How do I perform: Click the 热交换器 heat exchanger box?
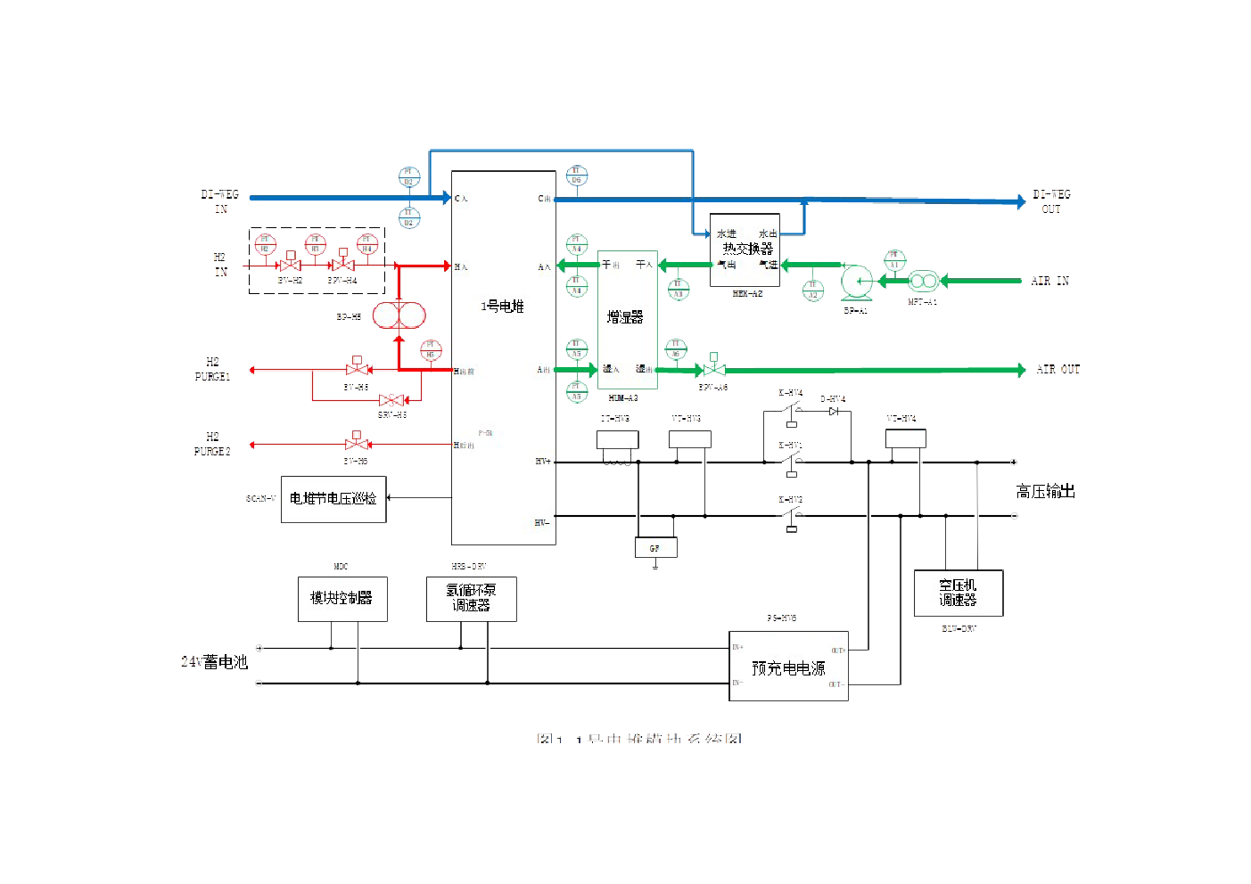(x=745, y=250)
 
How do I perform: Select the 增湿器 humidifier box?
(x=627, y=318)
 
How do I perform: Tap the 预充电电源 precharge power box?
(x=788, y=667)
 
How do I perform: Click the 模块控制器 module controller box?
(x=342, y=598)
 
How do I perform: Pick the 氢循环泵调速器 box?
(x=471, y=598)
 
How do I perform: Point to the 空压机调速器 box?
(x=959, y=593)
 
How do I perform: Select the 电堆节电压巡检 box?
(x=333, y=499)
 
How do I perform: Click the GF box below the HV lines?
(x=655, y=547)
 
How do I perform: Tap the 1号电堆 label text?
(x=502, y=307)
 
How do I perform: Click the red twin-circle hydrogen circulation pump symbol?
(x=398, y=315)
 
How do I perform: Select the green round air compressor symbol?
(x=857, y=282)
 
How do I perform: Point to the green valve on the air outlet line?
(x=712, y=369)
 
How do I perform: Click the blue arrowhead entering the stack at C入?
(x=446, y=198)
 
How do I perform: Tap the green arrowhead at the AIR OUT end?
(x=1021, y=370)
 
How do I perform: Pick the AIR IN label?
(x=1049, y=282)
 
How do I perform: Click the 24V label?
(x=191, y=662)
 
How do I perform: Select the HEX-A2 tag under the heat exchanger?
(x=747, y=293)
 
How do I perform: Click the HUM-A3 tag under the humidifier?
(x=622, y=398)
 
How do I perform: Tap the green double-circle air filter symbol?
(x=923, y=282)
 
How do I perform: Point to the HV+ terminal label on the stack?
(x=543, y=462)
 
